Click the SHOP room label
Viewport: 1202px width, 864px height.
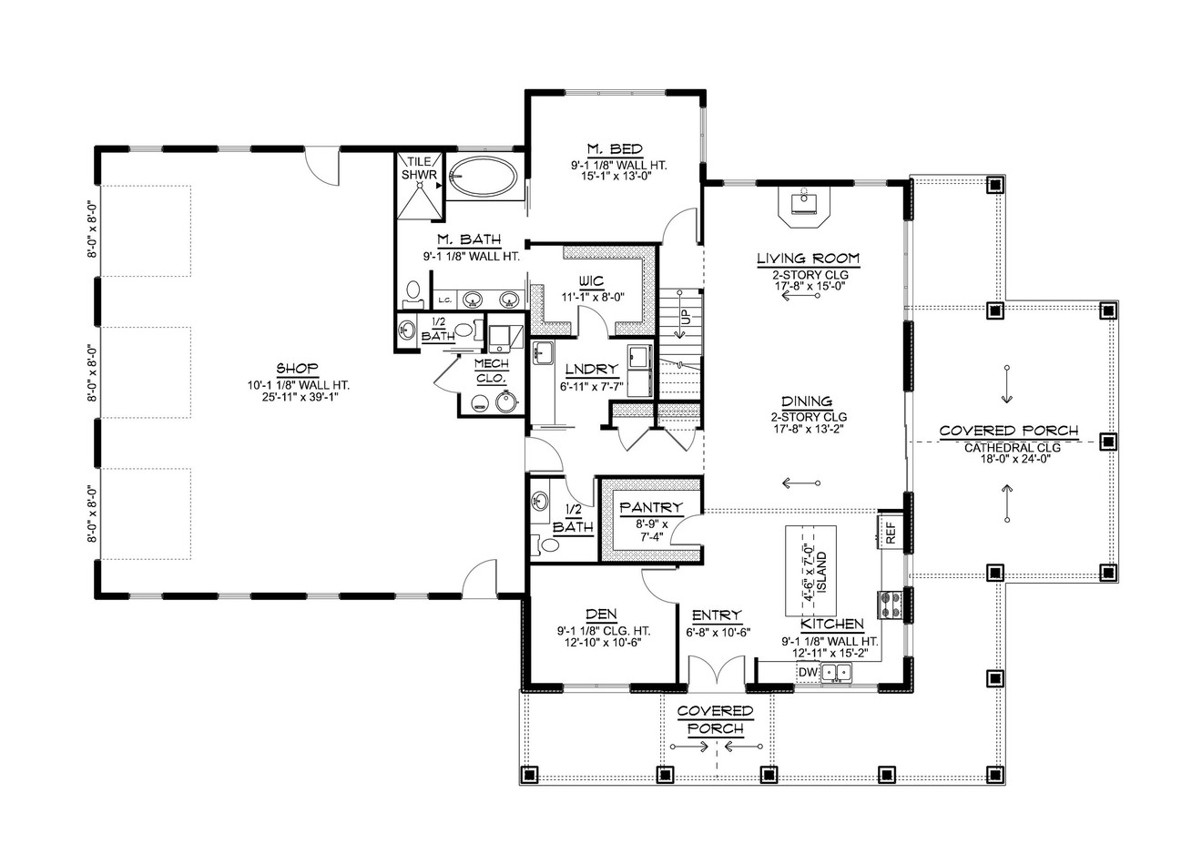coord(297,369)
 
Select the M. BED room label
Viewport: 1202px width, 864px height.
coord(615,149)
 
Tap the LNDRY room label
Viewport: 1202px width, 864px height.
coord(591,369)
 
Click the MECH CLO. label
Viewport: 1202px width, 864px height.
coord(492,370)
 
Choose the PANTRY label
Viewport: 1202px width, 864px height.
coord(650,507)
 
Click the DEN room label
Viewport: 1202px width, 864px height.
coord(603,615)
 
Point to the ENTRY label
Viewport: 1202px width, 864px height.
coord(717,615)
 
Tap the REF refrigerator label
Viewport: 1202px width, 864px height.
coord(891,532)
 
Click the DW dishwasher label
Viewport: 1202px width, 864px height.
coord(808,673)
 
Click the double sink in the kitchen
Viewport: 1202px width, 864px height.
coord(837,673)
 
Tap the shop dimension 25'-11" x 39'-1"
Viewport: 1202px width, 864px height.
coord(297,398)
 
